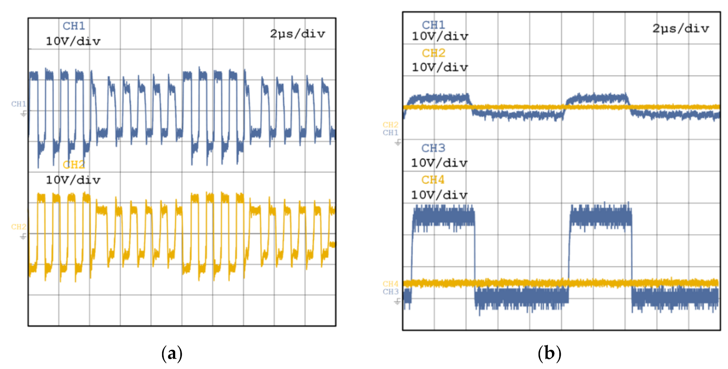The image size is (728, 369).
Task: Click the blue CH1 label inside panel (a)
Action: (x=74, y=26)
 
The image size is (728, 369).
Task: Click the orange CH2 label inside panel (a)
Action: (x=74, y=165)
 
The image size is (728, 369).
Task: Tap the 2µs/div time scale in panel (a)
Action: (x=297, y=34)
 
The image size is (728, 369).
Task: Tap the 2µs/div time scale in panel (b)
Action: (x=681, y=29)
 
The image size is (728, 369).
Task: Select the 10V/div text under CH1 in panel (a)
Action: (x=73, y=41)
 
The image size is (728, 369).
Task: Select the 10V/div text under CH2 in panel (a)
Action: (x=73, y=180)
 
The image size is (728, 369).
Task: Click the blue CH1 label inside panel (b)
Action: (x=433, y=25)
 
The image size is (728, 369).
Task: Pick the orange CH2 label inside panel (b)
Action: (x=433, y=53)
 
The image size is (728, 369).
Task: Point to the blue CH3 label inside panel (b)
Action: (x=433, y=148)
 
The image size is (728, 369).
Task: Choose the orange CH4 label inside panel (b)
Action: (x=433, y=180)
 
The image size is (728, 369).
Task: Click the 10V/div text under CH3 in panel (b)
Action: (x=439, y=163)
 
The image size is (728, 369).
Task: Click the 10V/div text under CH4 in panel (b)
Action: (x=439, y=195)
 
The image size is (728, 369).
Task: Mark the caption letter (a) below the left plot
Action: (x=172, y=353)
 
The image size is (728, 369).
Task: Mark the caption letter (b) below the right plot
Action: (x=549, y=353)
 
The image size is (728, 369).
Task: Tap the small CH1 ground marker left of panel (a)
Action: (x=19, y=104)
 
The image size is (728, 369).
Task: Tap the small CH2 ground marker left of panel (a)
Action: (x=19, y=227)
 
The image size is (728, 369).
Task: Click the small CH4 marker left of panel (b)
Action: (x=390, y=284)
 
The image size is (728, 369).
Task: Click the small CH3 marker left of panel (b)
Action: (x=390, y=292)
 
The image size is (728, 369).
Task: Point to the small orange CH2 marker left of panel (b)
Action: (x=390, y=125)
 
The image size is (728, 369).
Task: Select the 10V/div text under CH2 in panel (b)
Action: (x=440, y=67)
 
